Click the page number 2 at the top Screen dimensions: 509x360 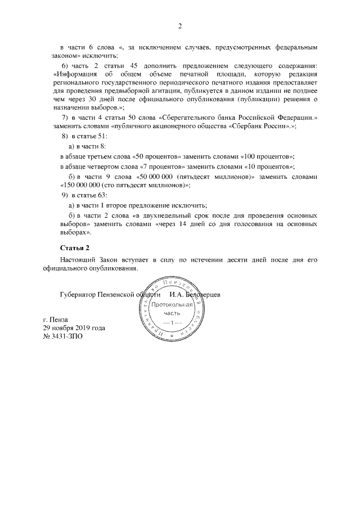(180, 25)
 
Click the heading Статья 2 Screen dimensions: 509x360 (74, 247)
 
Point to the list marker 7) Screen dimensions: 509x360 (64, 117)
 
